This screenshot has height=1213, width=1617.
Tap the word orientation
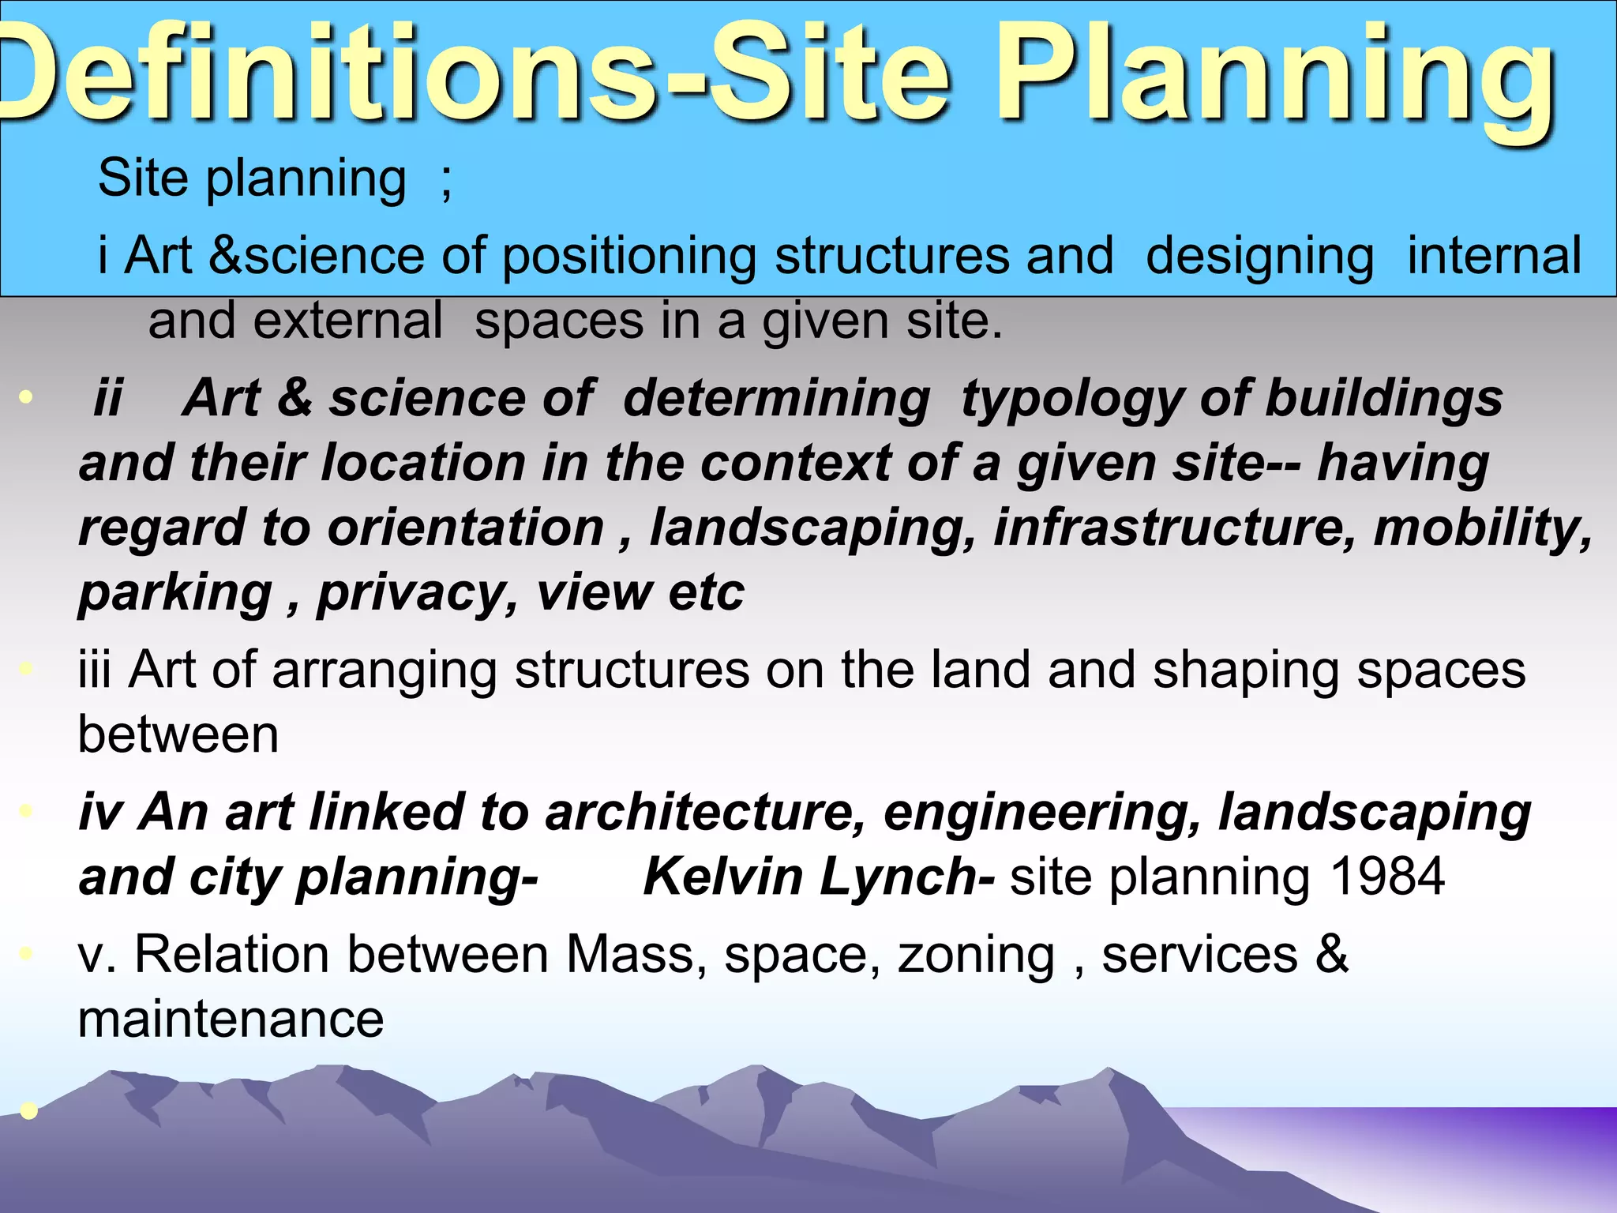(466, 528)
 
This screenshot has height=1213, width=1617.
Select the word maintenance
(231, 1020)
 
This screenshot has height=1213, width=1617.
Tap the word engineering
(1042, 813)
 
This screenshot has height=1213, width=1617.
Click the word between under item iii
(178, 735)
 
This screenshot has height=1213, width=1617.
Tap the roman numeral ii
(108, 398)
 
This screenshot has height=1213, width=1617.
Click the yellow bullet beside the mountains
(28, 1111)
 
